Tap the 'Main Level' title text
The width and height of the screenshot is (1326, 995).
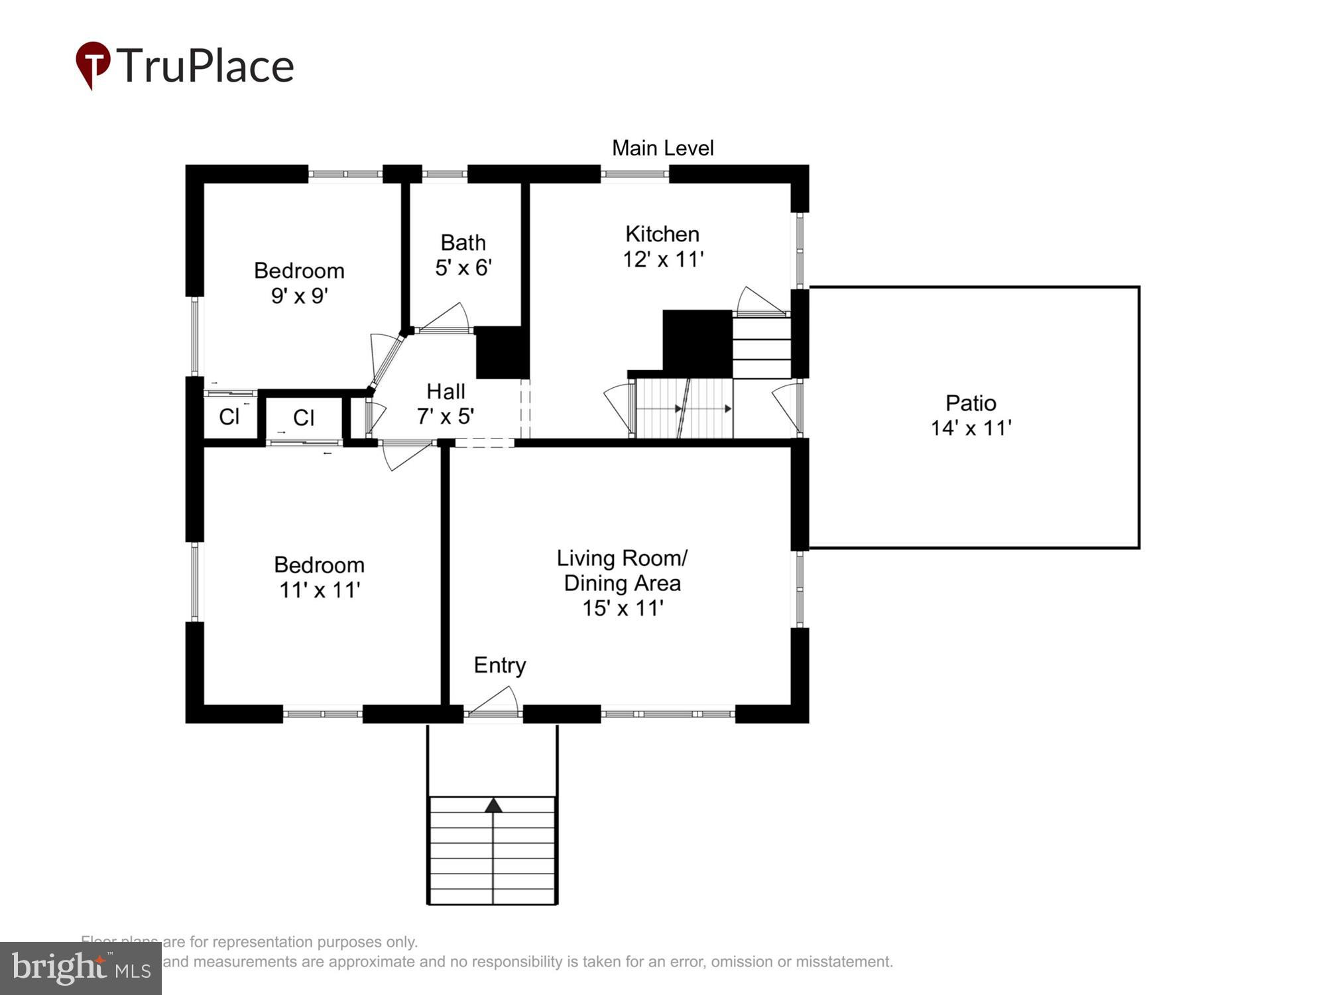pos(662,148)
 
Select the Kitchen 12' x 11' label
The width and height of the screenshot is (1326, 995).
pos(662,247)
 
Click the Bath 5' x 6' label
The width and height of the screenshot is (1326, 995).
pos(463,255)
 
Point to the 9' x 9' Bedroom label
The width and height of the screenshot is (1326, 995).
pos(299,283)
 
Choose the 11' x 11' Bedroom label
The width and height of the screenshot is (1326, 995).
pos(319,577)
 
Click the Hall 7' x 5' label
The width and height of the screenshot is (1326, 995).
pos(446,403)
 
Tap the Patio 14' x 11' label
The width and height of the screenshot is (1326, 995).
pos(971,415)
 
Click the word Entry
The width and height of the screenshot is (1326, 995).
pos(500,665)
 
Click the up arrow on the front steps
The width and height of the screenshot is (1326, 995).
pos(493,806)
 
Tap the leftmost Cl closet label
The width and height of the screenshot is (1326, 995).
pos(229,417)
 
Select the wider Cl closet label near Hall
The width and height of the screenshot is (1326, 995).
pos(304,417)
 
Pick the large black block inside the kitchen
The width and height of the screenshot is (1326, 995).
pos(697,343)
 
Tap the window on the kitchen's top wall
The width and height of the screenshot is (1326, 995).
pos(634,174)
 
